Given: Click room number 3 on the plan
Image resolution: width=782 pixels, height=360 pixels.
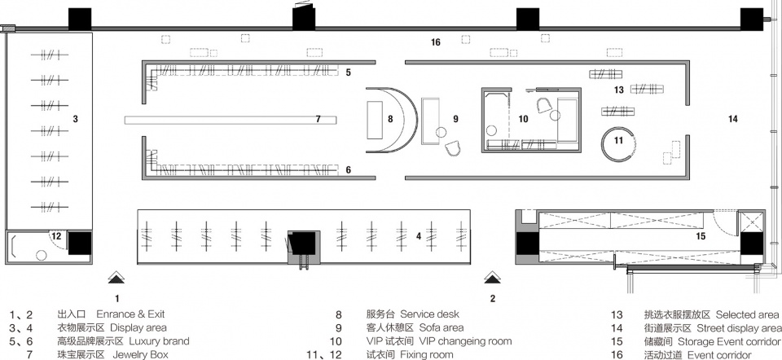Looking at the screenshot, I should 75,120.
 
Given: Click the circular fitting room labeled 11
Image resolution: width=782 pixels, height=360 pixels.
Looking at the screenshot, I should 618,140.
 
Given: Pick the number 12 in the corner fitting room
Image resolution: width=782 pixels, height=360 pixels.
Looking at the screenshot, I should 55,236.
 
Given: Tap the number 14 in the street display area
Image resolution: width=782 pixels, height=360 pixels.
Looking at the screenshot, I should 732,120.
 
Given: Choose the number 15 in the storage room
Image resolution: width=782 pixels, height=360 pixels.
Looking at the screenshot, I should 700,236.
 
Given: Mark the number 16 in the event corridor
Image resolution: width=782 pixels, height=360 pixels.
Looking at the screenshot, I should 436,42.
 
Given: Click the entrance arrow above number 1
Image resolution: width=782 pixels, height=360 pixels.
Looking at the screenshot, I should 117,276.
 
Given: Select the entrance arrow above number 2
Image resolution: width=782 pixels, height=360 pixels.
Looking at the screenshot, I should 492,276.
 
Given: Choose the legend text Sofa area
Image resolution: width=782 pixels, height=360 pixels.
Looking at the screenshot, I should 441,327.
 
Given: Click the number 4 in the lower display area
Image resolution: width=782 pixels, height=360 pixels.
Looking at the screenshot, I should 418,236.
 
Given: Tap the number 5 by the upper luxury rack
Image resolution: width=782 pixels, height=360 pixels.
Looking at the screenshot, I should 348,72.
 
